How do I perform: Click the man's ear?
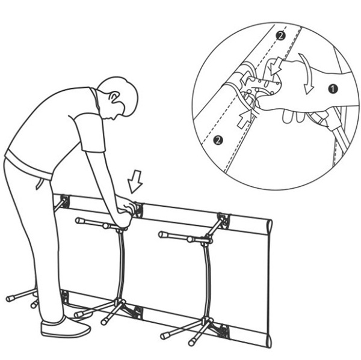tap(114, 98)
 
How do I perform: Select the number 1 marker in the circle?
tap(333, 89)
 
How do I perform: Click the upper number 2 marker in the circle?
tap(281, 36)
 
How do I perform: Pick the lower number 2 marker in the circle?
tap(218, 140)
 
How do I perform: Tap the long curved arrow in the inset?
tap(306, 73)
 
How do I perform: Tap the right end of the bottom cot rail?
tap(270, 341)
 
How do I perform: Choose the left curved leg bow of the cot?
tap(121, 264)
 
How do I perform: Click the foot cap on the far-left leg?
tap(10, 299)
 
